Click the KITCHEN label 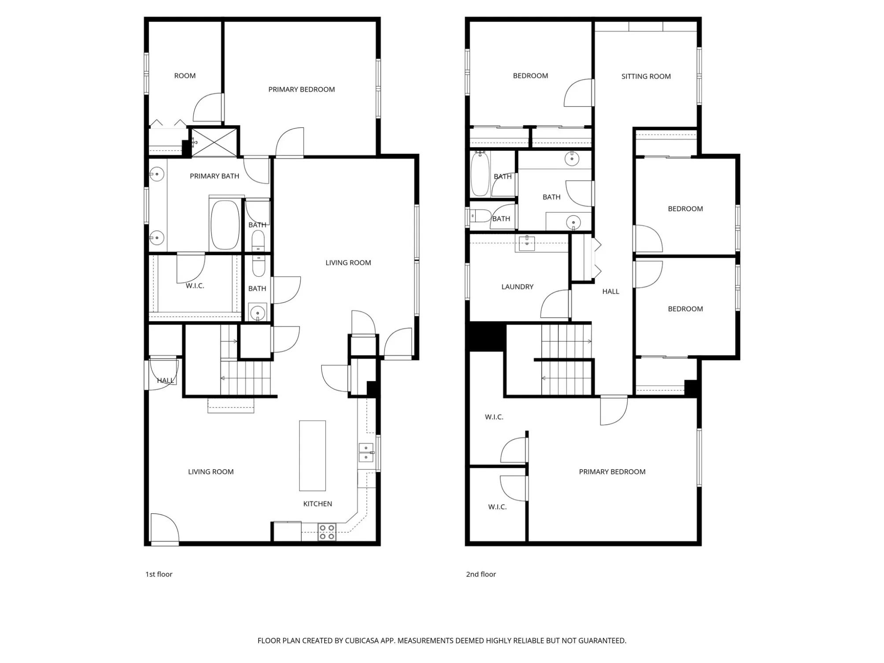click(x=318, y=504)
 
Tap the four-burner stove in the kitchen click(x=327, y=532)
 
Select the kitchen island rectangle click(x=312, y=456)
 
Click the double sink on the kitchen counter click(x=366, y=452)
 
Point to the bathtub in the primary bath click(x=225, y=225)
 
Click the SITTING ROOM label click(x=646, y=76)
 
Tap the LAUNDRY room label click(x=517, y=287)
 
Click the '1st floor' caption click(x=159, y=574)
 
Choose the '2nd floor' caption click(x=481, y=574)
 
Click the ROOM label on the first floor click(x=185, y=76)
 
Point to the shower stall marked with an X click(x=214, y=142)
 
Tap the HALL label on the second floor click(x=610, y=291)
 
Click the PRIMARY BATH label click(x=215, y=176)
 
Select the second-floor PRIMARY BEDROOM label click(x=612, y=472)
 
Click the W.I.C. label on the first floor click(x=195, y=286)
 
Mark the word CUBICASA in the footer click(x=362, y=641)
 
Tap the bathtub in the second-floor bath click(x=480, y=174)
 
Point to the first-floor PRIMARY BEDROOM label click(x=302, y=89)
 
